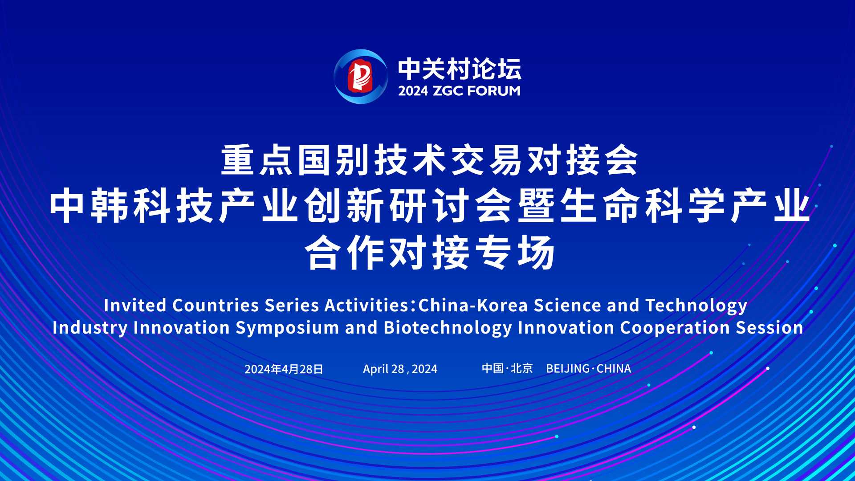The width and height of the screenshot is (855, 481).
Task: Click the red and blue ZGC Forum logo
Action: [x=361, y=77]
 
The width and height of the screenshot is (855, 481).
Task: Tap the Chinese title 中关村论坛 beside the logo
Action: [x=460, y=69]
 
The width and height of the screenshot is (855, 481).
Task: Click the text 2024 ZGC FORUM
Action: [x=459, y=91]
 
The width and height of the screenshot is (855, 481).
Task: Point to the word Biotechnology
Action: [x=448, y=328]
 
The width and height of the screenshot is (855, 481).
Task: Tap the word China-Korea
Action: [x=473, y=306]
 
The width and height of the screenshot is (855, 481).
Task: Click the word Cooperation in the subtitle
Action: [x=675, y=328]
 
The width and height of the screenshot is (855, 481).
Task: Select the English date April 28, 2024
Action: [x=400, y=369]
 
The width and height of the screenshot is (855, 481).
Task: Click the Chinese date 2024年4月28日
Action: [x=284, y=369]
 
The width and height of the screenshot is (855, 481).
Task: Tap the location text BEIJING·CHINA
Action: [x=589, y=369]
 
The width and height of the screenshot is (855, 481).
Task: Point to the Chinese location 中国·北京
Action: [x=507, y=368]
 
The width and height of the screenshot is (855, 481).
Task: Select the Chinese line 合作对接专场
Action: [x=430, y=253]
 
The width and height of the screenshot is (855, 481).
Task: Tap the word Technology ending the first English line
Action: [x=696, y=306]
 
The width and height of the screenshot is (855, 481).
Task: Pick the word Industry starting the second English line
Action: [x=90, y=328]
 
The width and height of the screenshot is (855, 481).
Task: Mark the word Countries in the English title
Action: [x=216, y=306]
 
